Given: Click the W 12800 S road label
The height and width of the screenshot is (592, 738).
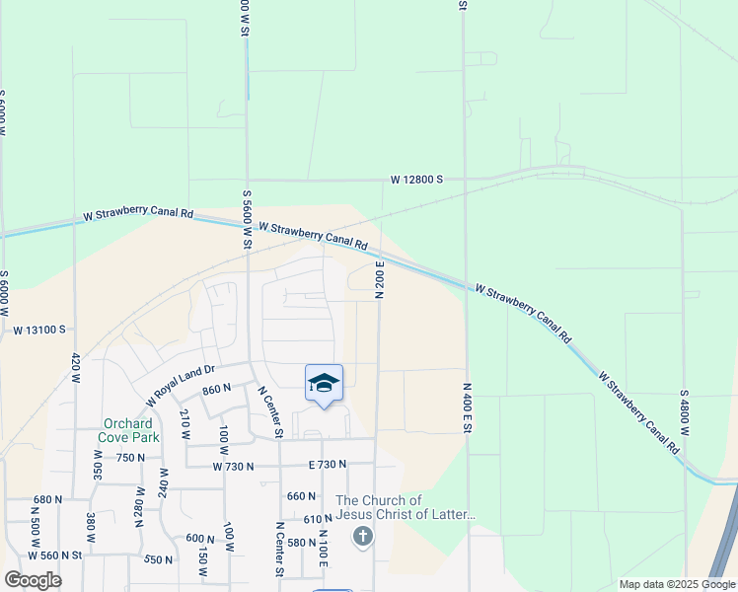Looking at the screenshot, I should [x=416, y=180].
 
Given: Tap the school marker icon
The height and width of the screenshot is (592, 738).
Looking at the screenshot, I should [x=324, y=383].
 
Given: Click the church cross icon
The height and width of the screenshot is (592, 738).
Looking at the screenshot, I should [x=362, y=537].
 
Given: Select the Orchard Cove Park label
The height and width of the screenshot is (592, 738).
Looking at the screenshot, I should [x=127, y=431].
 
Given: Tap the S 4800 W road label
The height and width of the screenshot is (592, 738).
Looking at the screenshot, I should [x=684, y=412].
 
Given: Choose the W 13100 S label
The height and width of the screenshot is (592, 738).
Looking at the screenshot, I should [x=39, y=330].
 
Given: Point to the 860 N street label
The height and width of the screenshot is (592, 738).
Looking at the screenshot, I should [x=216, y=390].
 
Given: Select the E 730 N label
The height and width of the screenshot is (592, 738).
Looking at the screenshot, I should [x=328, y=464].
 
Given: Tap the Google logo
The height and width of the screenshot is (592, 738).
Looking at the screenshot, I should [x=33, y=579].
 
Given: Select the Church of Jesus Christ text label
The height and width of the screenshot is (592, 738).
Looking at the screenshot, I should [x=405, y=507].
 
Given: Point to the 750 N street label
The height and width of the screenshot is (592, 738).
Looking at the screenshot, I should [x=130, y=458].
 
